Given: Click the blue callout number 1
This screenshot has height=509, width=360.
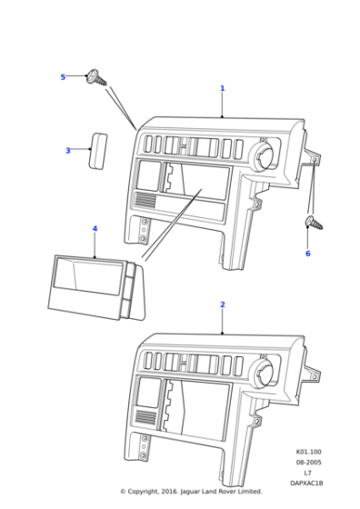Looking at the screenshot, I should (222, 89).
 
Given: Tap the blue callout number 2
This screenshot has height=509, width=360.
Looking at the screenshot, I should (222, 304).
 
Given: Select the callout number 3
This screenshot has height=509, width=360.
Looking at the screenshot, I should (67, 151).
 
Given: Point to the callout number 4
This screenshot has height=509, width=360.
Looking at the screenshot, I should (94, 230).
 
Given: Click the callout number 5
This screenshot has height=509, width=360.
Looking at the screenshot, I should (63, 77).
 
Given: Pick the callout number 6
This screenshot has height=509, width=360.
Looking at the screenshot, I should (307, 253).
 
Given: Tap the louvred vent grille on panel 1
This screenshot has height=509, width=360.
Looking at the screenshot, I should (144, 201).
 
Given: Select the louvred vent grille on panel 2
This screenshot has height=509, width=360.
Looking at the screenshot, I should (144, 417).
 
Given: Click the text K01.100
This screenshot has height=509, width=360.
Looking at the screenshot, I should (308, 452).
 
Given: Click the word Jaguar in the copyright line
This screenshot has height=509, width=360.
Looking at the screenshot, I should (190, 492).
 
